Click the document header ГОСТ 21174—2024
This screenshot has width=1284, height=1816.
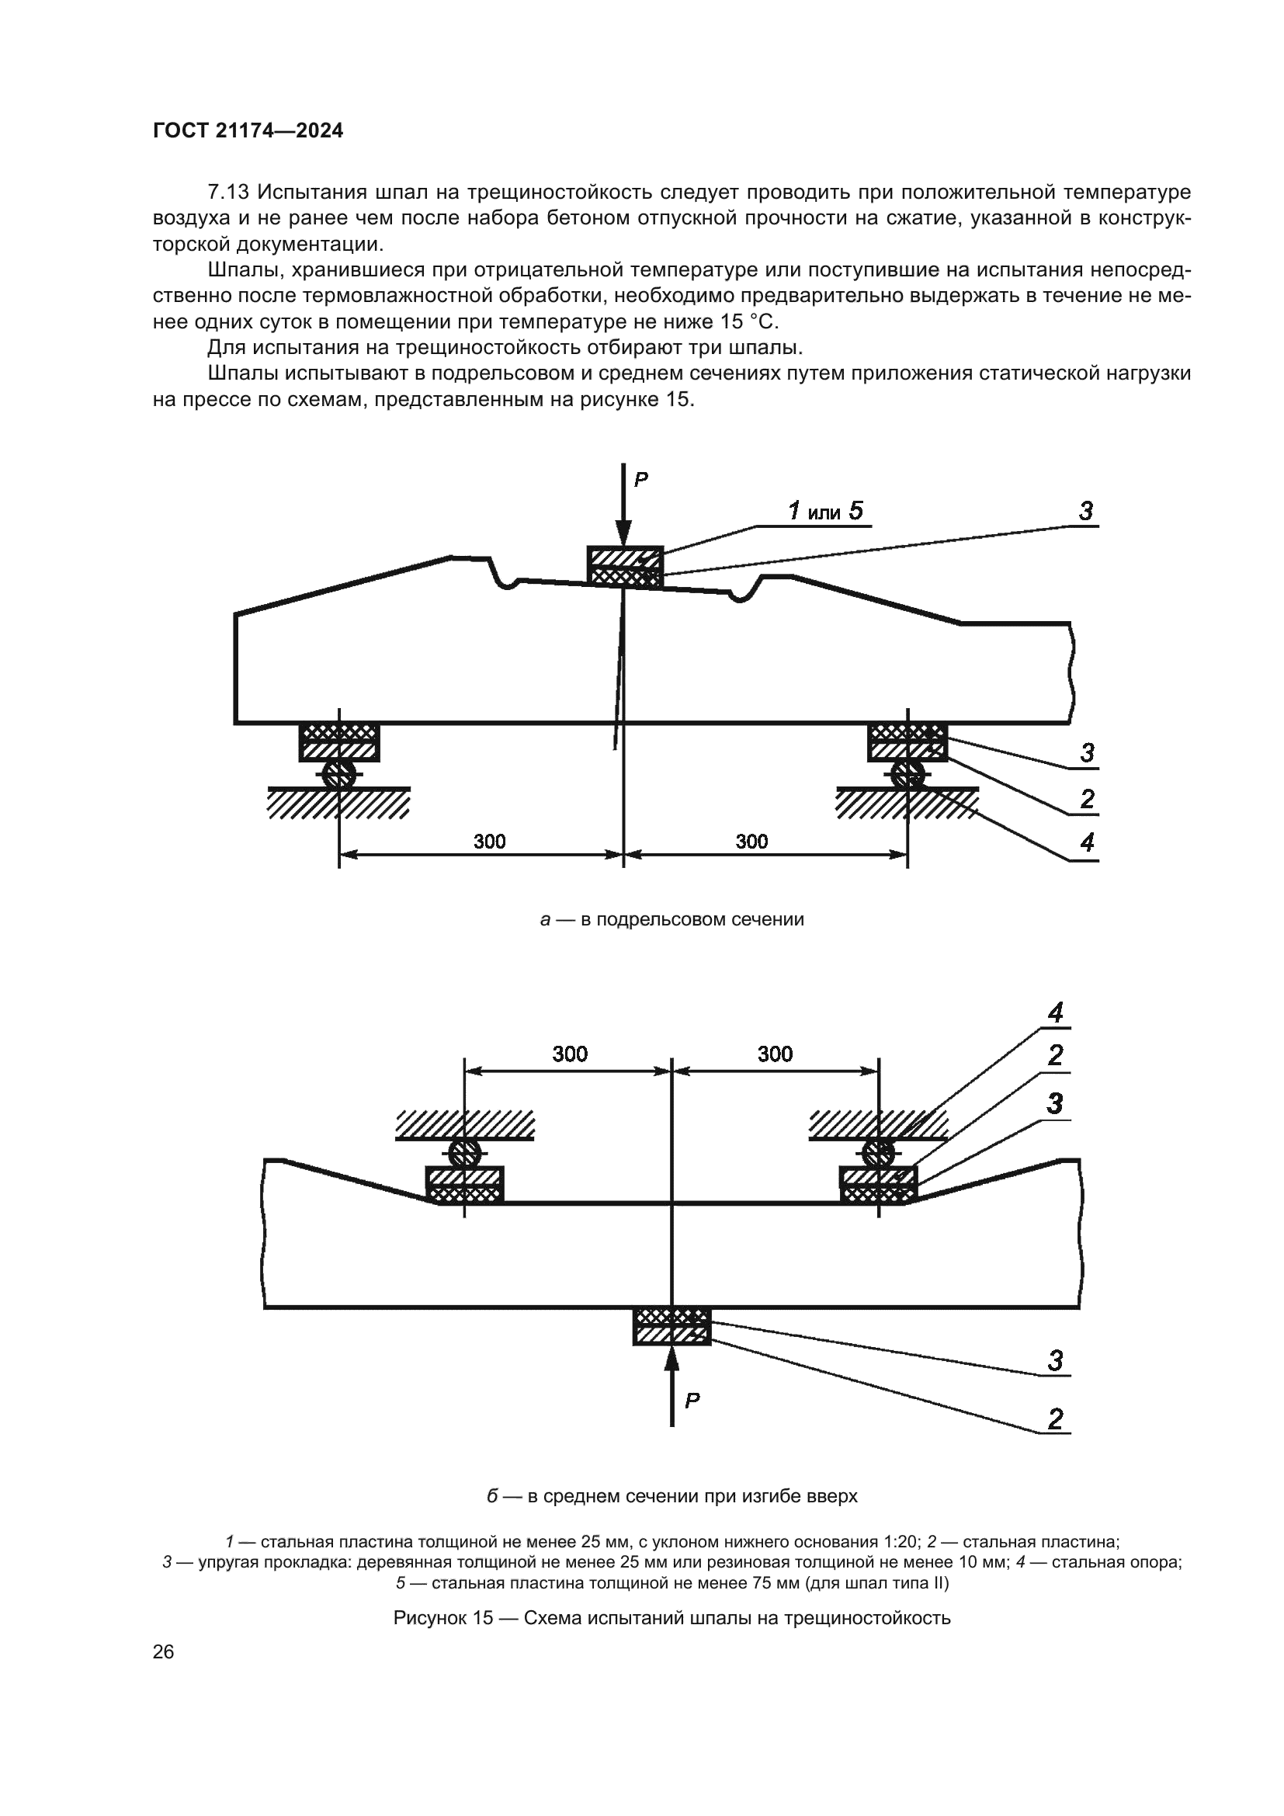click(x=248, y=131)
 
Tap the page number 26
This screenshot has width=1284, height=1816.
click(x=163, y=1652)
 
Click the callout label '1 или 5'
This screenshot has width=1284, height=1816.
click(x=824, y=511)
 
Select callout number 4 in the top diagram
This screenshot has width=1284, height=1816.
click(x=1087, y=842)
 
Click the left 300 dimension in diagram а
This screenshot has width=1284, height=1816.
click(x=489, y=841)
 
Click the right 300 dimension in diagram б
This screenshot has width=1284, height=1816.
click(x=774, y=1054)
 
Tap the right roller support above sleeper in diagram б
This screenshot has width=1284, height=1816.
click(x=879, y=1151)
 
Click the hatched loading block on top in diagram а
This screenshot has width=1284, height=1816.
click(x=625, y=567)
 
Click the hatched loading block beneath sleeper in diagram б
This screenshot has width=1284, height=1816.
click(x=671, y=1326)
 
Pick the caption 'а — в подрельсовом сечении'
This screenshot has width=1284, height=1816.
click(x=671, y=919)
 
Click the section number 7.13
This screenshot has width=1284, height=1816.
click(x=228, y=193)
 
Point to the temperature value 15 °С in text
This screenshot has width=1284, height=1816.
click(x=748, y=322)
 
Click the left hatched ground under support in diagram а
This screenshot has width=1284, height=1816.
click(x=339, y=804)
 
